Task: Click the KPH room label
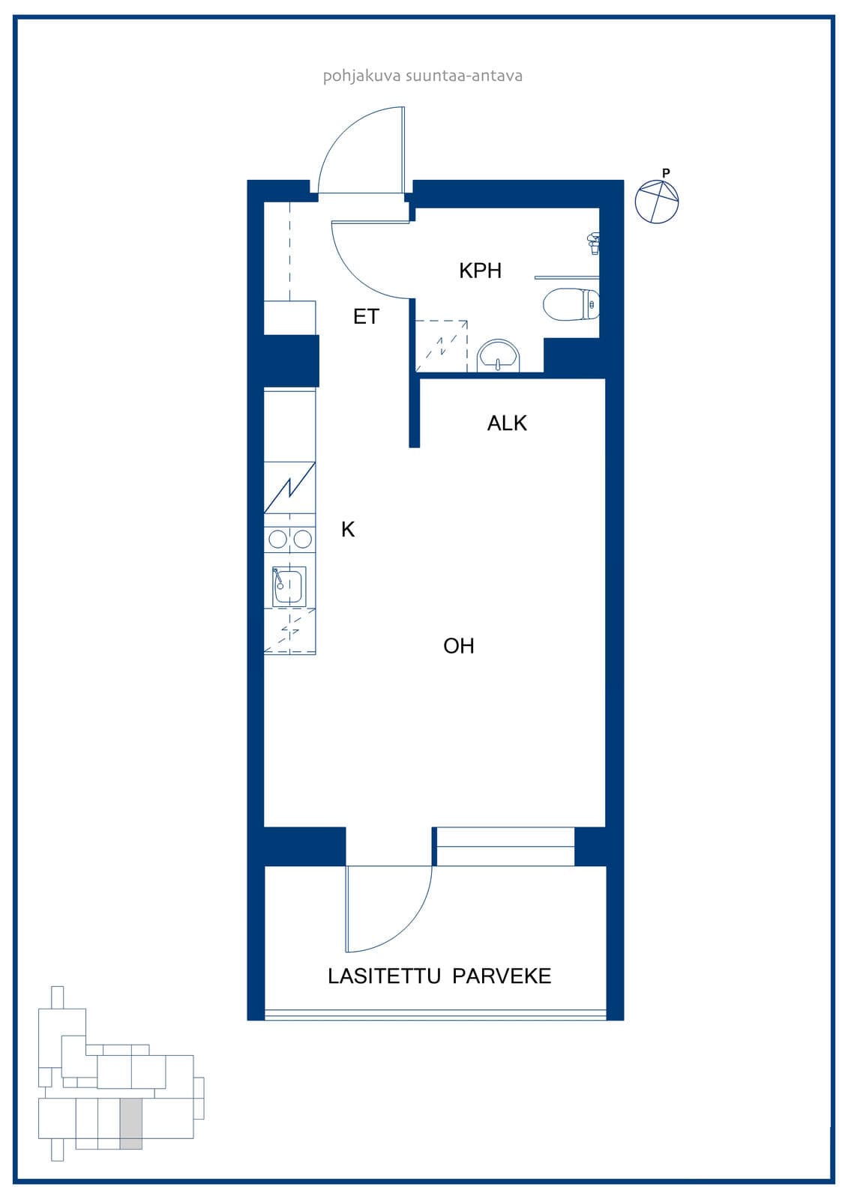coord(480,271)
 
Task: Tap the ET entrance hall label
coord(367,317)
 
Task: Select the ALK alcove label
coord(507,423)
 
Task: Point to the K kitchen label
coord(348,529)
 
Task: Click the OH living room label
coord(459,646)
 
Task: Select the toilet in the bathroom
coord(571,304)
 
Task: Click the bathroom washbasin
coord(498,356)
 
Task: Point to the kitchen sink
coord(289,587)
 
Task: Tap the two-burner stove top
coord(290,539)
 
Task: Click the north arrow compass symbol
coord(657,202)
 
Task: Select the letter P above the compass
coord(666,173)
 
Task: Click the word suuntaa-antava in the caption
coord(464,76)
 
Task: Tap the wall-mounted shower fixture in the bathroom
coord(594,244)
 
